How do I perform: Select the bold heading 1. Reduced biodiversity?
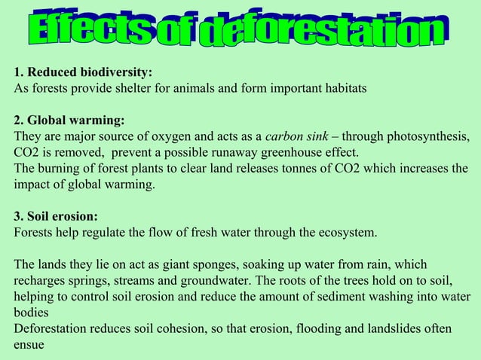pos(83,72)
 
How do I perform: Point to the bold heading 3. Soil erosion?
pos(57,216)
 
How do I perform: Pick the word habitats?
pos(342,88)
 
